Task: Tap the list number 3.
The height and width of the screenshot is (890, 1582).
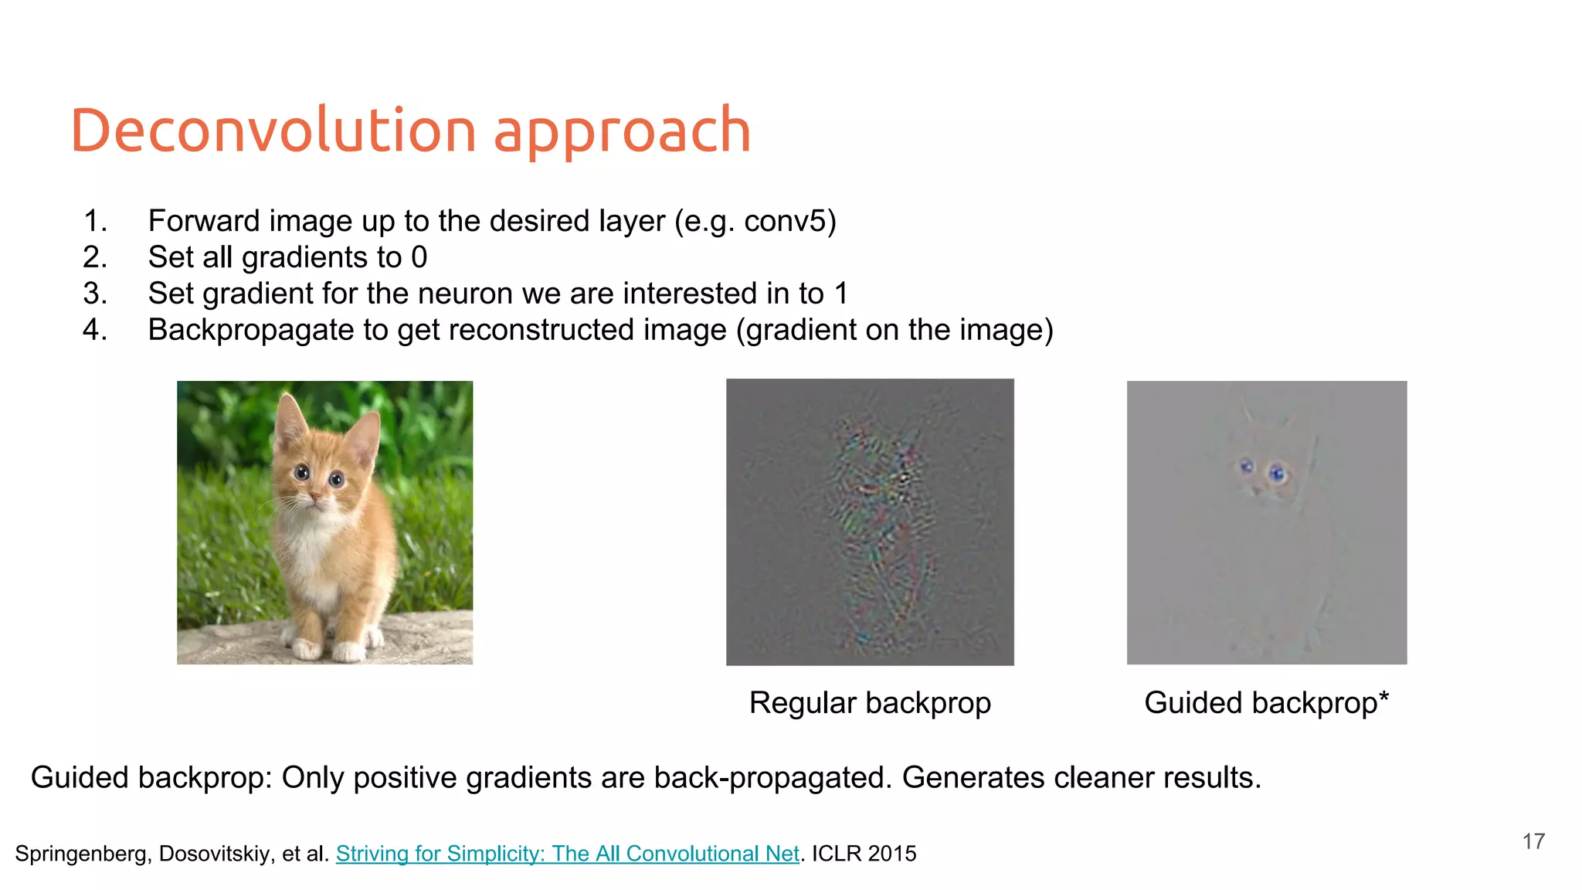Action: [x=94, y=294]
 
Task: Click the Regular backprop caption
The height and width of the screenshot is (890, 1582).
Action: [x=870, y=703]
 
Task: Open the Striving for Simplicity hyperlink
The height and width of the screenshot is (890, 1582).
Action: [x=567, y=854]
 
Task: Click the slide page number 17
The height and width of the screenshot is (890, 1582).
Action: [x=1533, y=841]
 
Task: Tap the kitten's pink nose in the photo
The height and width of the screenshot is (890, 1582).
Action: [x=314, y=495]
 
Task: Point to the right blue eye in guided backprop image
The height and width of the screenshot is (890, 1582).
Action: [x=1278, y=473]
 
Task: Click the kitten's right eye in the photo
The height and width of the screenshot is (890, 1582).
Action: [x=337, y=480]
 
